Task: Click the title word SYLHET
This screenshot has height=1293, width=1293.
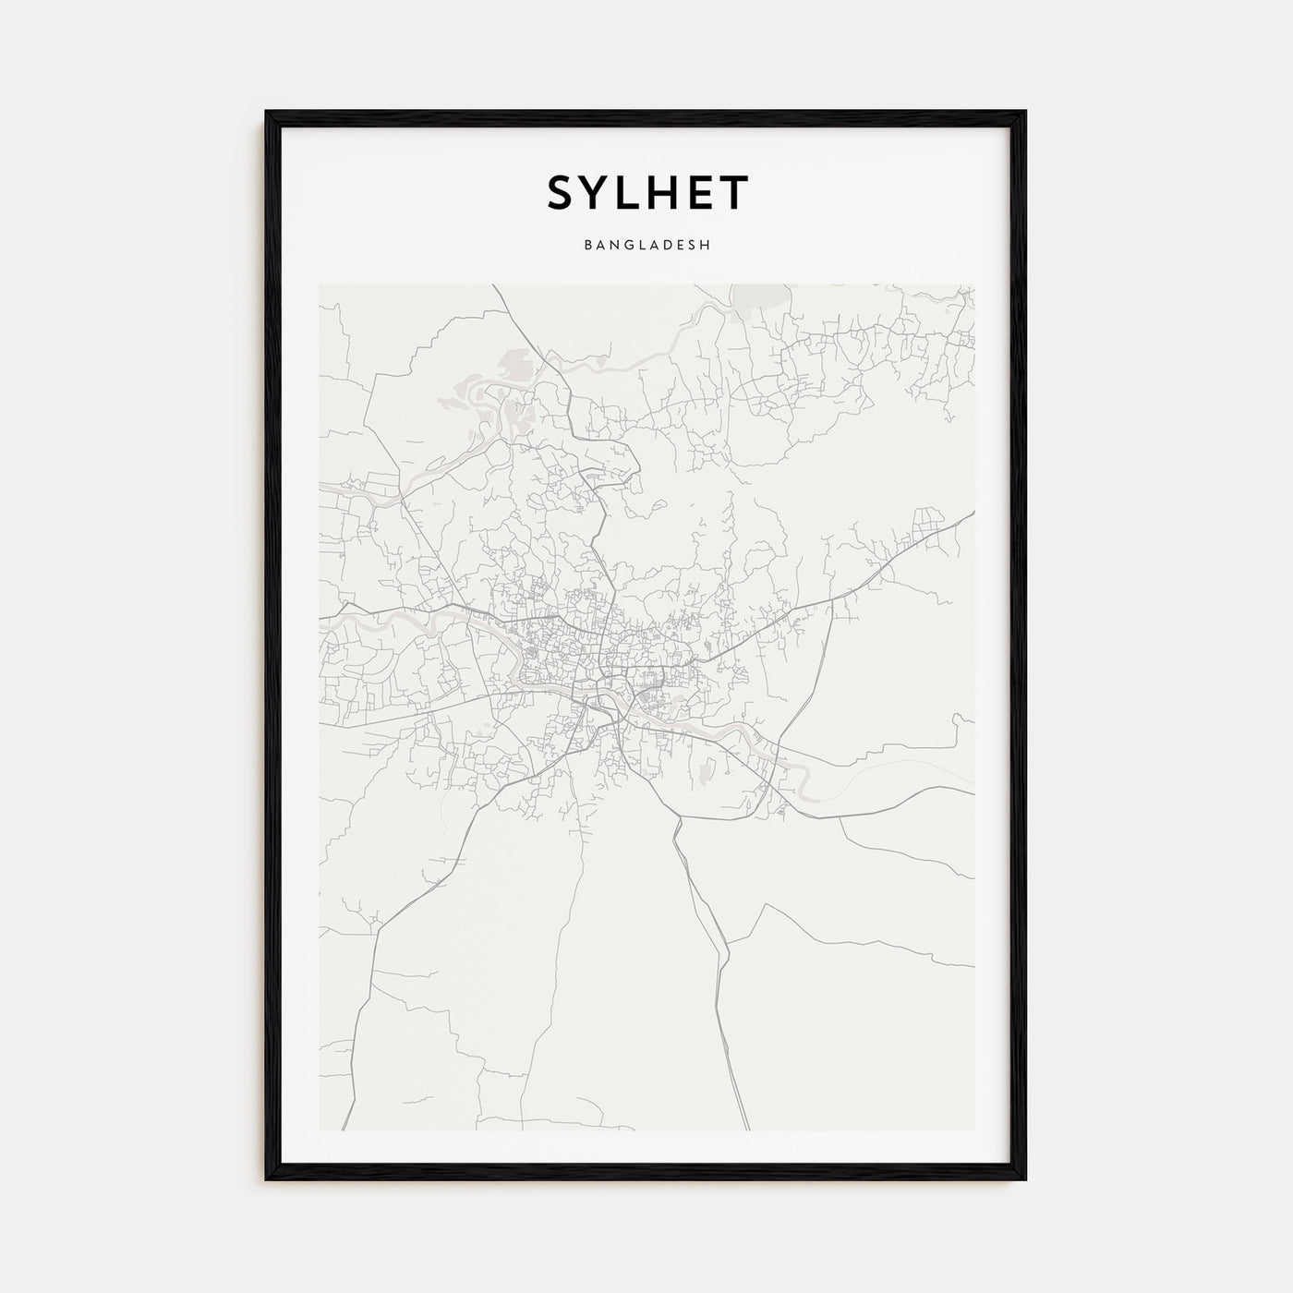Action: tap(647, 193)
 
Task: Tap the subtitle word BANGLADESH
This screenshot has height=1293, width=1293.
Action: tap(646, 246)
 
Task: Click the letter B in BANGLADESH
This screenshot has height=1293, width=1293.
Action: tap(587, 246)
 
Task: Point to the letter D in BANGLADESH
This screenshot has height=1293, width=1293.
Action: tap(670, 246)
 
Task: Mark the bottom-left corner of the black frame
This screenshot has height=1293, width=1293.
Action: tap(267, 1179)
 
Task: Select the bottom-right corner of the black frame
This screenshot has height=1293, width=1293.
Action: tap(1025, 1179)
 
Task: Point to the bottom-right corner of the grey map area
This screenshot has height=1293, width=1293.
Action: tap(973, 1130)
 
